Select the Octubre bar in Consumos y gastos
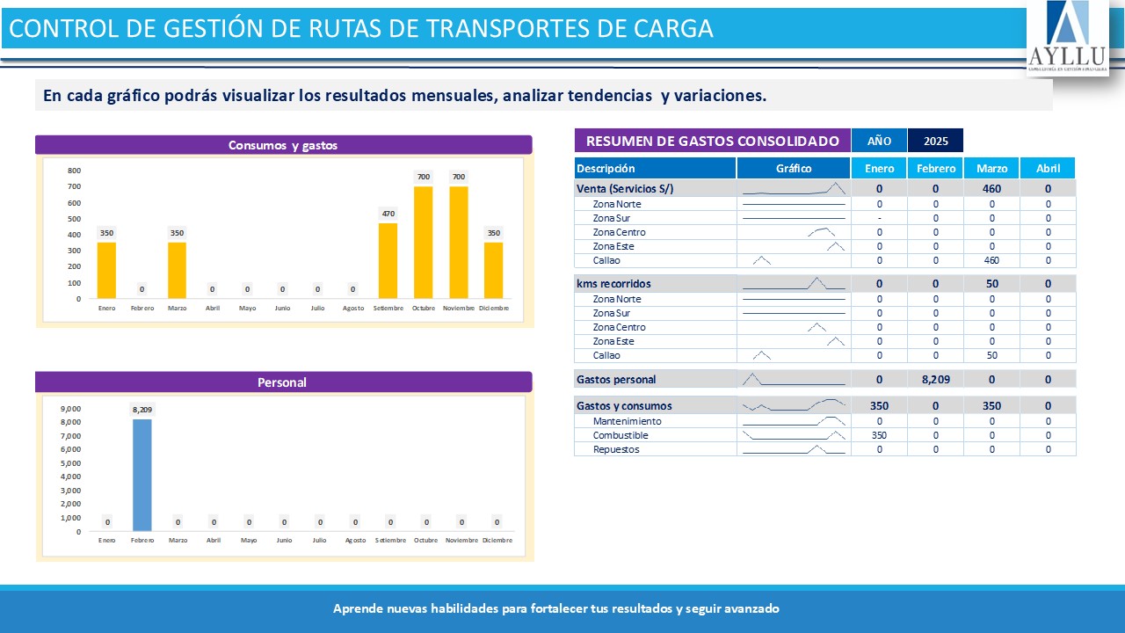coord(423,242)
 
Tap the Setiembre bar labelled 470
coord(388,260)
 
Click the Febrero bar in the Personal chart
coord(142,475)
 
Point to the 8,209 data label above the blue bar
coord(142,410)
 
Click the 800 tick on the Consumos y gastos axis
coord(74,171)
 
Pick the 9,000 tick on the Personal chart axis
coord(70,409)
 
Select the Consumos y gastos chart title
coord(283,145)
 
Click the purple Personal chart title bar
coord(283,382)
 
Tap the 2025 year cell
coord(935,141)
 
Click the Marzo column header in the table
coord(991,168)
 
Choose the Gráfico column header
coord(794,168)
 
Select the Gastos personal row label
coord(616,380)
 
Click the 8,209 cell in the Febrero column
coord(935,380)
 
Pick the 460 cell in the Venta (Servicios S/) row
coord(991,189)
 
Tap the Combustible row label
coord(621,435)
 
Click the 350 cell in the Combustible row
coord(879,435)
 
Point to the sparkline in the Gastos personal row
coord(794,380)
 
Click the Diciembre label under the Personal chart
coord(497,540)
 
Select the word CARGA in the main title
coord(673,29)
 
